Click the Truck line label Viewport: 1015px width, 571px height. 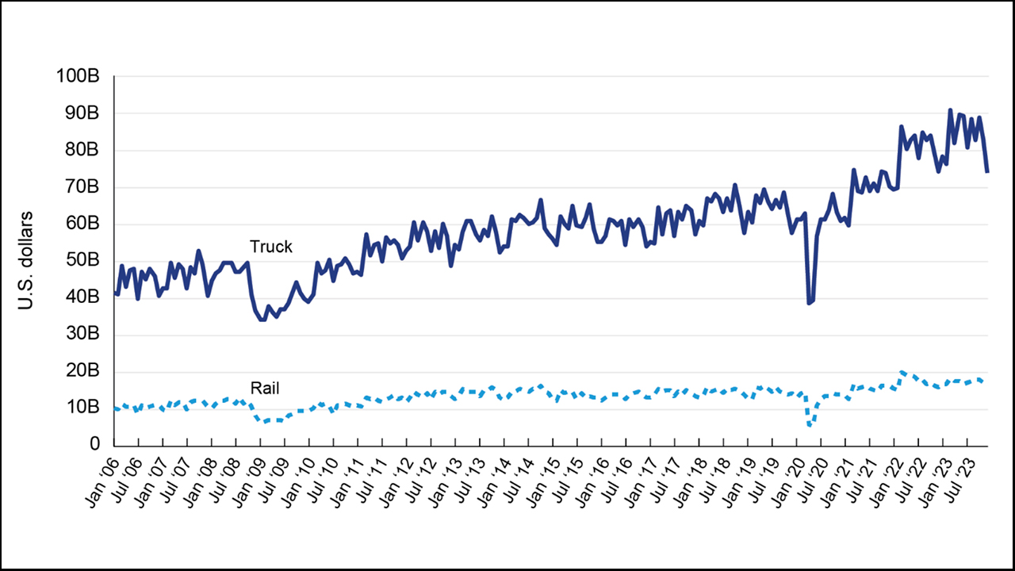tap(271, 247)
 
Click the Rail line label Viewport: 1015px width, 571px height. tap(265, 388)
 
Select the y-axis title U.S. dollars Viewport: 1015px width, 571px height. tap(26, 260)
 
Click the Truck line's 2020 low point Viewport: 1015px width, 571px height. tap(809, 303)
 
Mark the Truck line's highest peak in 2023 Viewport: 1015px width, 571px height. tap(950, 110)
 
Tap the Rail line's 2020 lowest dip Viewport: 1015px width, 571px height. tap(810, 425)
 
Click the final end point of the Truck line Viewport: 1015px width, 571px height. tap(987, 171)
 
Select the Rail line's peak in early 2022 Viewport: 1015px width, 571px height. tap(902, 371)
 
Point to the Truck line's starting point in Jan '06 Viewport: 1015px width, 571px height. tap(116, 293)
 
